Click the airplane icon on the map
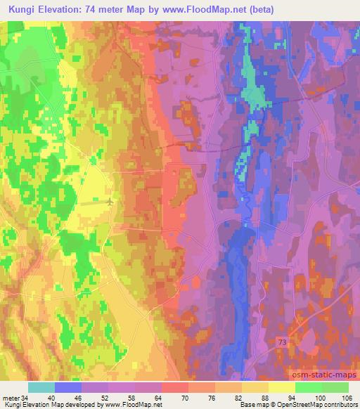coord(110,202)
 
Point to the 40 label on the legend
coord(55,397)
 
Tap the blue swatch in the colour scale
coord(68,387)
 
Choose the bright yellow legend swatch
coord(281,387)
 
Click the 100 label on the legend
coord(321,397)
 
